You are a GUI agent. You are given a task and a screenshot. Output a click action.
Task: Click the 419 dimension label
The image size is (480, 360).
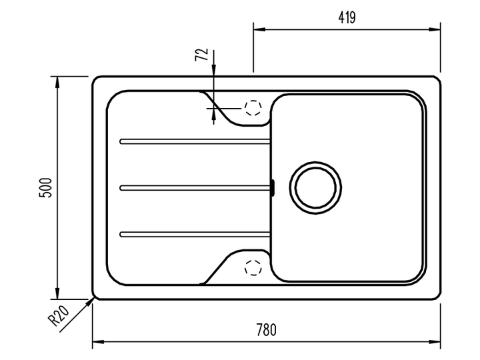pos(347,18)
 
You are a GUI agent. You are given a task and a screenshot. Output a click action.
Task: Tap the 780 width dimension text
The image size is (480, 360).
pos(266,330)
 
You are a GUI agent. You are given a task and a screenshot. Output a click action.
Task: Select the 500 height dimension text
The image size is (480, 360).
pos(45,187)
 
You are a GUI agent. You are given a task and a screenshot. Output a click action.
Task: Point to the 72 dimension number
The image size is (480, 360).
pos(201,55)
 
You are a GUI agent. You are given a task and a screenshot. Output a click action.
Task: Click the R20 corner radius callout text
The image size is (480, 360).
pos(59,316)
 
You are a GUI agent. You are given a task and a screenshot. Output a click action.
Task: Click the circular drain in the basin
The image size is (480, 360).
pos(315,187)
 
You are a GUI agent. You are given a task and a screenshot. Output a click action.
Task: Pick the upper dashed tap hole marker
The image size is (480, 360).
pos(253,108)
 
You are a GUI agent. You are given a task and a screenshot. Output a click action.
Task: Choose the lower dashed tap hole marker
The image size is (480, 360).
pos(253,267)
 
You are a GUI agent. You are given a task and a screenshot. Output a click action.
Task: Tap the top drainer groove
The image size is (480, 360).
pos(195,141)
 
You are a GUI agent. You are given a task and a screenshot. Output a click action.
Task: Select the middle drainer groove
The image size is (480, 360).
pos(195,188)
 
